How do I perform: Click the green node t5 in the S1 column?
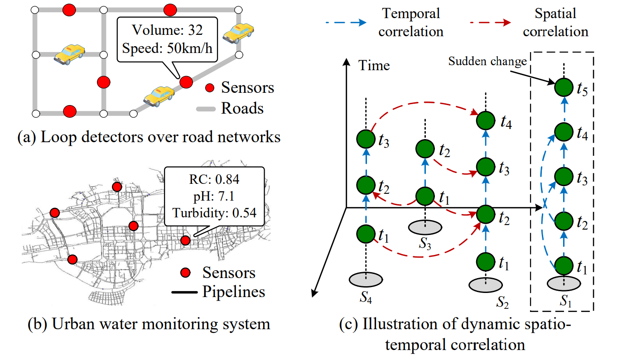click(564, 88)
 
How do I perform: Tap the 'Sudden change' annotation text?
click(487, 61)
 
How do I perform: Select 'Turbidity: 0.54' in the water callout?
click(214, 211)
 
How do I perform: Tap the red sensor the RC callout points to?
click(185, 240)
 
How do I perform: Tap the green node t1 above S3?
click(425, 196)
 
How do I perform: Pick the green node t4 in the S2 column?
click(485, 120)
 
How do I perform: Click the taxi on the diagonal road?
click(159, 95)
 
